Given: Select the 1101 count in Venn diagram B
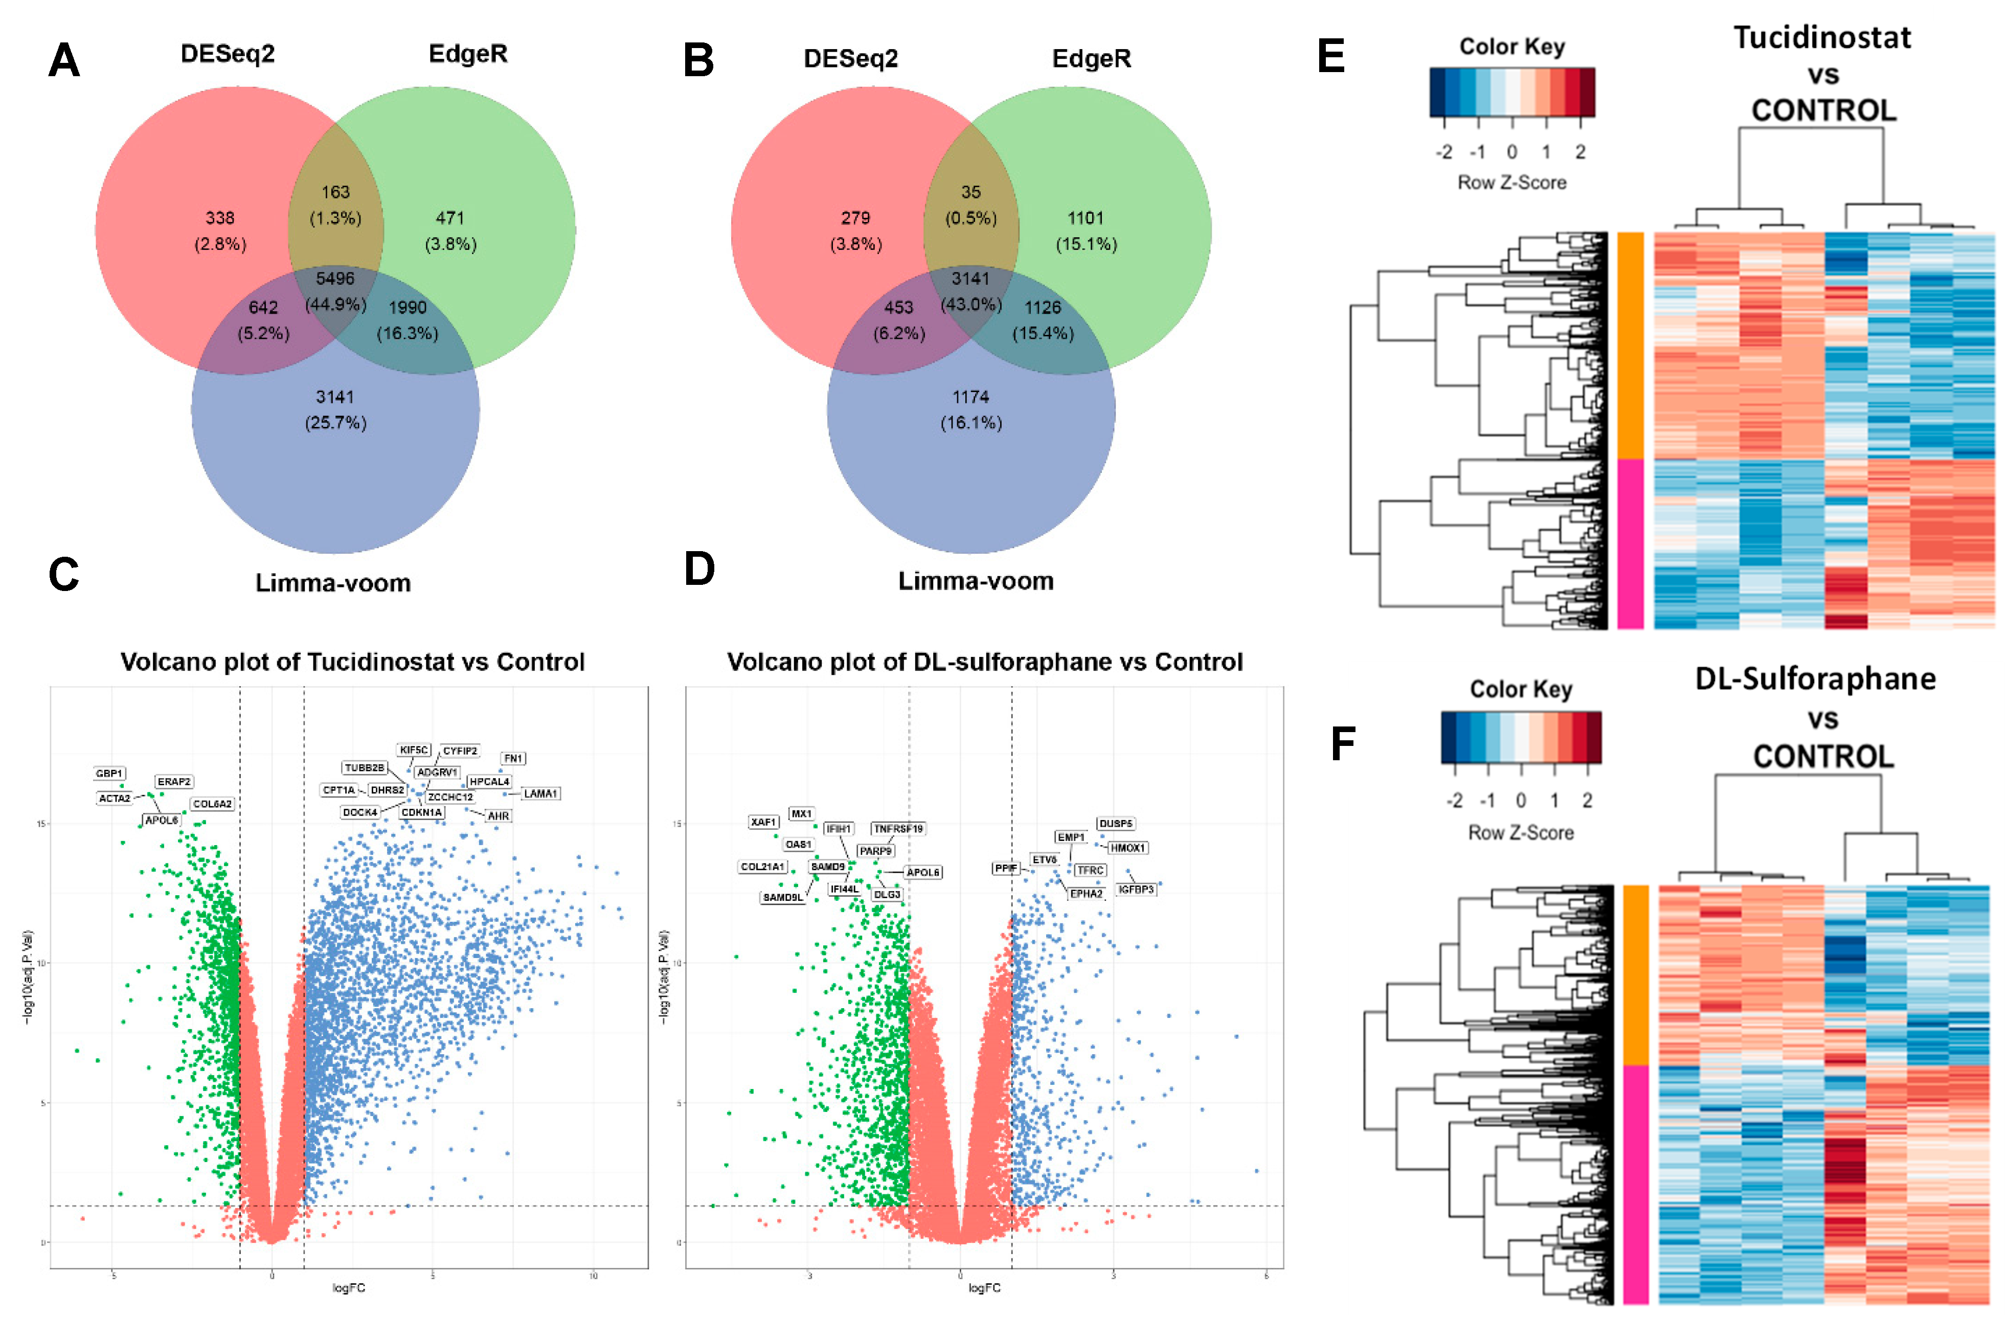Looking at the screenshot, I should pos(1085,218).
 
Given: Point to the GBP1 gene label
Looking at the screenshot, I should pos(109,773).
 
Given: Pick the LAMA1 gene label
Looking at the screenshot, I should pos(540,793).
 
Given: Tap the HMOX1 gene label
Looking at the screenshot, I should pos(1127,848).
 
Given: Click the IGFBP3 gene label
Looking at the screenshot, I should pos(1136,889).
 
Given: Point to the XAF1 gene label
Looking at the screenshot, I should pos(763,821).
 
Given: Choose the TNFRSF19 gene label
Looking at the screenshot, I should pos(898,829).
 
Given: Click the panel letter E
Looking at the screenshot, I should pos(1331,57).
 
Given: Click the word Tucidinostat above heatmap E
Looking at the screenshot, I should pos(1822,38).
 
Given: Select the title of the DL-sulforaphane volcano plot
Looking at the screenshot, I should pos(984,662).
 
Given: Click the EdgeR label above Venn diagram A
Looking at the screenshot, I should pos(468,54).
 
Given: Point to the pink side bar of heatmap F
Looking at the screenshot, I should pos(1636,1183).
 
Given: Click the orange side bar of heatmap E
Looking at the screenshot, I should pos(1630,347).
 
